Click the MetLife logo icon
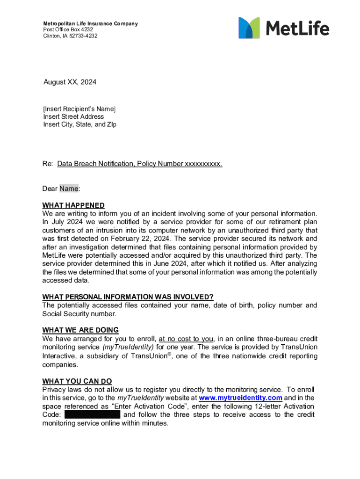click(249, 28)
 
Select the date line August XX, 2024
click(70, 82)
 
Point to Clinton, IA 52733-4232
click(71, 36)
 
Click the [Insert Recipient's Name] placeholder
click(79, 109)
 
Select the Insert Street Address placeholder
click(73, 116)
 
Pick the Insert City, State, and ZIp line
click(79, 124)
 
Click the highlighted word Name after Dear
click(69, 189)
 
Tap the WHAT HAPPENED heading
click(73, 205)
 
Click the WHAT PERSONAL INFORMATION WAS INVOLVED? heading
click(128, 297)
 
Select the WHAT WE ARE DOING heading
click(80, 330)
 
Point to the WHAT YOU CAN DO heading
click(77, 381)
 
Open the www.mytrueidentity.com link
click(240, 398)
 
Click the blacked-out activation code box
click(92, 415)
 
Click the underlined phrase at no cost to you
click(186, 339)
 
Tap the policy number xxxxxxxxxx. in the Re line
click(203, 164)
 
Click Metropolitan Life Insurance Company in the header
click(90, 23)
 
